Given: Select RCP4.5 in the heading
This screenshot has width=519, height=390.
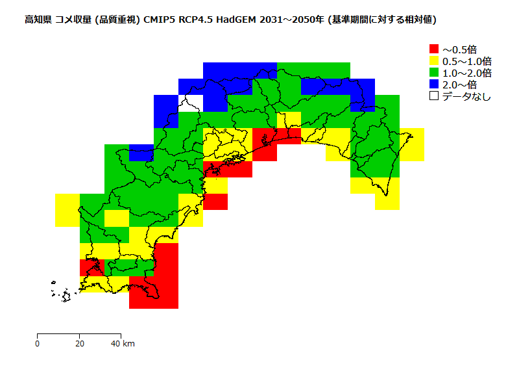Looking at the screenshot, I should pos(197,20).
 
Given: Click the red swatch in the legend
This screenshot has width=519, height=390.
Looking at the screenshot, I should pos(434,49).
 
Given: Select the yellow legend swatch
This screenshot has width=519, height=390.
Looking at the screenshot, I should pos(434,60).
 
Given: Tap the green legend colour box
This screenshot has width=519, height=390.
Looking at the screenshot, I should pos(434,72).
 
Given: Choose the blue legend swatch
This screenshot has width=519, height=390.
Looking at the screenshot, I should pos(434,84).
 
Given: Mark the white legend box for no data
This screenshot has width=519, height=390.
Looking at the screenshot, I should pos(434,96).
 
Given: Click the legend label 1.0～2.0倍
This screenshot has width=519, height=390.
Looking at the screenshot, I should pos(466,73).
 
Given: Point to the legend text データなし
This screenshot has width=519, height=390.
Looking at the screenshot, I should pos(466,96).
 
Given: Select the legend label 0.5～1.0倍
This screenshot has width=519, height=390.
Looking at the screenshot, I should pos(466,61).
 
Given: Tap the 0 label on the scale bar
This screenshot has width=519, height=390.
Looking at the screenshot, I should pos(38,343).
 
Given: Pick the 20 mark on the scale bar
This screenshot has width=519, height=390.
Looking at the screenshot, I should pos(79,343).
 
